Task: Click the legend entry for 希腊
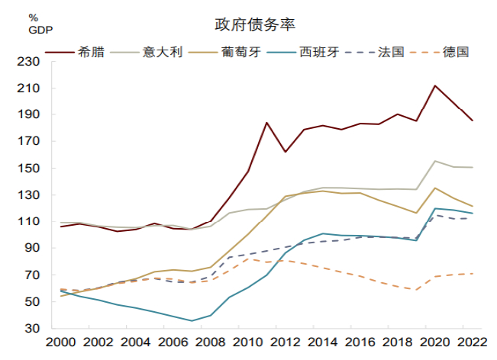coord(90,52)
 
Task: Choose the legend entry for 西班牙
coord(318,52)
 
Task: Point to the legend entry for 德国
coord(452,52)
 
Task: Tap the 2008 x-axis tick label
coord(211,342)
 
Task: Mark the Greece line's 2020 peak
coord(434,85)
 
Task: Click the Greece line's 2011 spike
coord(266,123)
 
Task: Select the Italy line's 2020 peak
coord(434,161)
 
